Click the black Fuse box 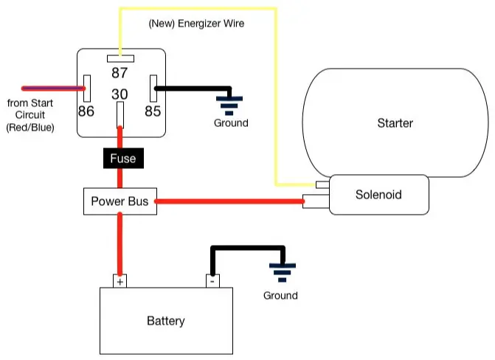tap(123, 158)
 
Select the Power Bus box tap(120, 201)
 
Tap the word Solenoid tap(378, 195)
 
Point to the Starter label tap(395, 123)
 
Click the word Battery tap(166, 321)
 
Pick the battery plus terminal tap(120, 281)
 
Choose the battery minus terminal tap(212, 281)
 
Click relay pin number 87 tap(120, 72)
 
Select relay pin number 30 tap(120, 94)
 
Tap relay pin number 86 tap(86, 111)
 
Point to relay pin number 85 tap(153, 111)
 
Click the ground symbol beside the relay tap(229, 105)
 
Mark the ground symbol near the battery tap(283, 272)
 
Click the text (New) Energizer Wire tap(196, 24)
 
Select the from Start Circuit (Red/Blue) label tap(30, 115)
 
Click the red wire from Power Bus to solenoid tap(229, 201)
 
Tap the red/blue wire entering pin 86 tap(53, 89)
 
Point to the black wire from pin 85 tap(193, 89)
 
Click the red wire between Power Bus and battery tap(120, 245)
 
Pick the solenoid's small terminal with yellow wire tap(322, 184)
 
